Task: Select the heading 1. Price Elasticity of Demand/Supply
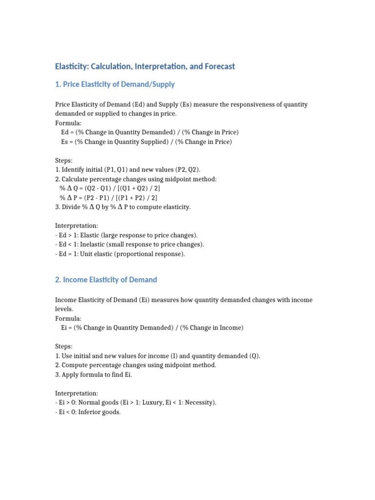(x=115, y=84)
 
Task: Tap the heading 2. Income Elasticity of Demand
(x=106, y=280)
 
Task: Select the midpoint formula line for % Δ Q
(x=110, y=188)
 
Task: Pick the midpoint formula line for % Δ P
(x=108, y=197)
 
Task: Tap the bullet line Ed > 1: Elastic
(x=126, y=235)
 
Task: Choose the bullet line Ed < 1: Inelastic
(x=129, y=244)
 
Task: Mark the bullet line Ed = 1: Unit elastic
(x=120, y=254)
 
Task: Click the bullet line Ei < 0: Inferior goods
(x=88, y=412)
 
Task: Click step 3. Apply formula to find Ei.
(x=94, y=375)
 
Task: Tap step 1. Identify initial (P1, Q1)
(x=128, y=169)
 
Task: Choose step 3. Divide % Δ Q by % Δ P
(x=123, y=207)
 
